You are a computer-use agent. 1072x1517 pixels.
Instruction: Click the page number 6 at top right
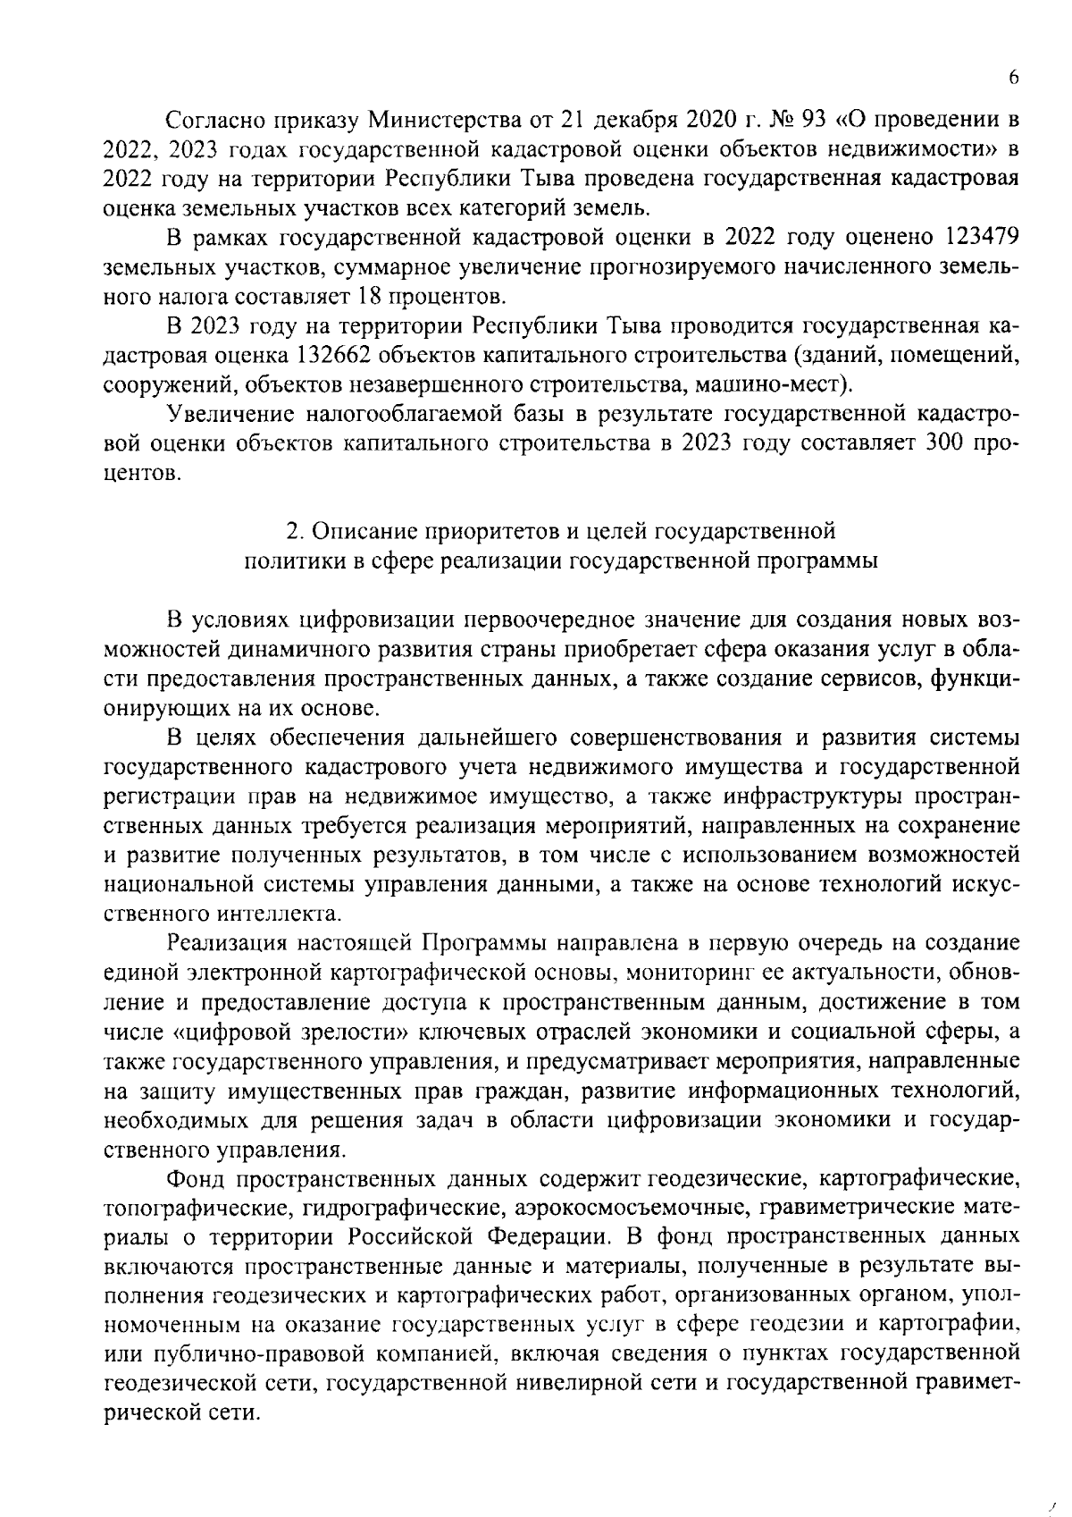click(1013, 78)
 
